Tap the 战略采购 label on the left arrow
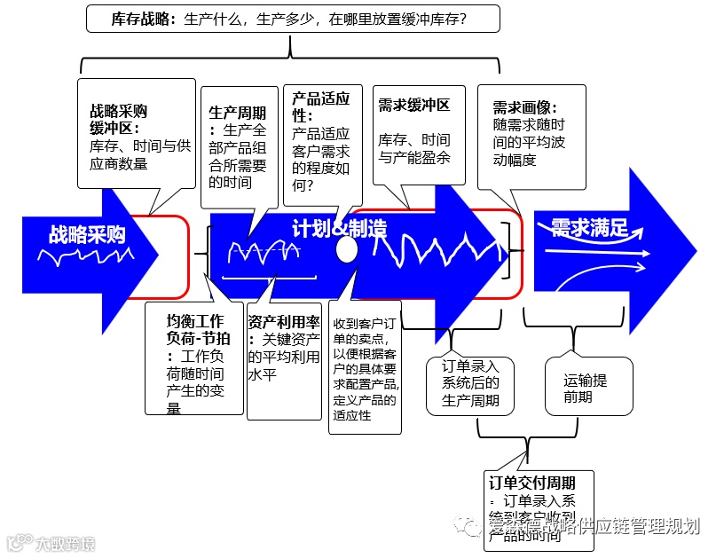coord(87,234)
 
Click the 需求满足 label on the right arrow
coord(589,228)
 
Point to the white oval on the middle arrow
coord(347,250)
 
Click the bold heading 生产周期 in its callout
coord(237,113)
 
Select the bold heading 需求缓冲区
coord(413,106)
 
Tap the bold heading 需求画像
coord(524,108)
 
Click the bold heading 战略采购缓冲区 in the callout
coord(118,120)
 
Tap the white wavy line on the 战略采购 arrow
coord(85,257)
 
